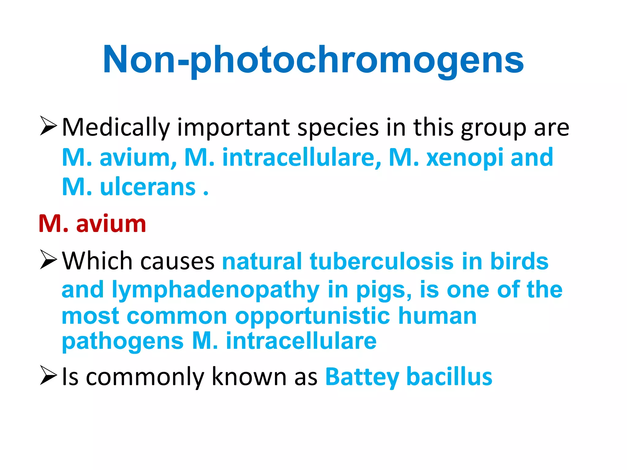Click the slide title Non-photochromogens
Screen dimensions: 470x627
pos(313,60)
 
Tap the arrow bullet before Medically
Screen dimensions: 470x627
pos(48,126)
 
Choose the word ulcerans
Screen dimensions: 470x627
pos(148,187)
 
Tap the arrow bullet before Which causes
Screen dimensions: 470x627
pos(48,260)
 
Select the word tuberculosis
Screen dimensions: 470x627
pos(381,261)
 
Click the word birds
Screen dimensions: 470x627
pos(519,261)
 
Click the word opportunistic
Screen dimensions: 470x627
pos(313,316)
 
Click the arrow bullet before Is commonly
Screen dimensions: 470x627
pos(48,376)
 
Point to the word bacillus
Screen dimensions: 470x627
pos(449,377)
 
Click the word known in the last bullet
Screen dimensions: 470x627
pos(249,377)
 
